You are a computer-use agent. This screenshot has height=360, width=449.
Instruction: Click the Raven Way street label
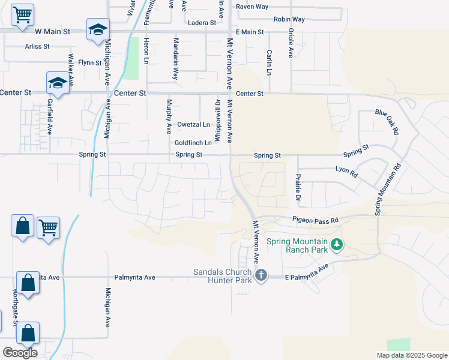coord(252,7)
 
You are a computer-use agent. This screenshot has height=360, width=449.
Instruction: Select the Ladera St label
coord(202,23)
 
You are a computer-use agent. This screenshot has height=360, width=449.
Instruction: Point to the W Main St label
coord(53,31)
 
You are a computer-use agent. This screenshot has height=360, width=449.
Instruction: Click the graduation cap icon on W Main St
coord(97,29)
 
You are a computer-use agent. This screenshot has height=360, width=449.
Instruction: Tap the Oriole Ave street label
coord(291,43)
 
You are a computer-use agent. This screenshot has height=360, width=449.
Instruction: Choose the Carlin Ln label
coord(269,62)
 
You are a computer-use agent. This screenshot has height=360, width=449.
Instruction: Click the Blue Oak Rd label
coord(387,121)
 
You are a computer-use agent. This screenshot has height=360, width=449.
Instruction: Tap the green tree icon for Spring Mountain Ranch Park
coord(337,244)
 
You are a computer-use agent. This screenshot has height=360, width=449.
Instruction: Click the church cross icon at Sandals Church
coord(261,275)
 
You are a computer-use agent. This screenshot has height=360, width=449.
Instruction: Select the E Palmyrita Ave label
coord(308,273)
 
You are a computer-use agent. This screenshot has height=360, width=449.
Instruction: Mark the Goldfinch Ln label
coord(193,143)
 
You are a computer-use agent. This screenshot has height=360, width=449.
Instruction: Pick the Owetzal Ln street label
coord(193,125)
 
